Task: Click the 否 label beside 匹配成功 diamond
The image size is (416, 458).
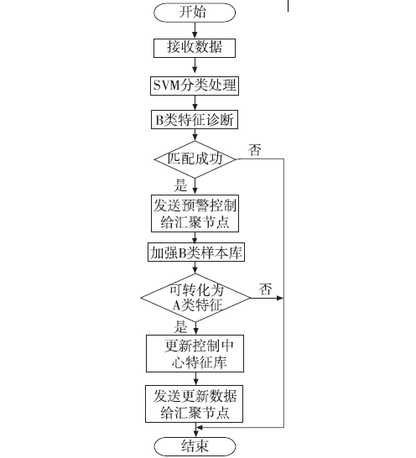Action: (255, 150)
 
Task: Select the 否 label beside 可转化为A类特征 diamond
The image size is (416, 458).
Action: (265, 289)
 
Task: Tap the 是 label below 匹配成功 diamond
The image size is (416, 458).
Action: (180, 185)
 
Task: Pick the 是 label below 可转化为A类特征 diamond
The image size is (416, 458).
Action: (180, 327)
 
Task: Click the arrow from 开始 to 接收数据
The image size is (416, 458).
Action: (195, 30)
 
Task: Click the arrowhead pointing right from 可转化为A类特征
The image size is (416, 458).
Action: (280, 298)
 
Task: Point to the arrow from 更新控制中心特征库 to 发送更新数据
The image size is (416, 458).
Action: (195, 379)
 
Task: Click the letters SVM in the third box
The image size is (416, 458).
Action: (166, 86)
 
